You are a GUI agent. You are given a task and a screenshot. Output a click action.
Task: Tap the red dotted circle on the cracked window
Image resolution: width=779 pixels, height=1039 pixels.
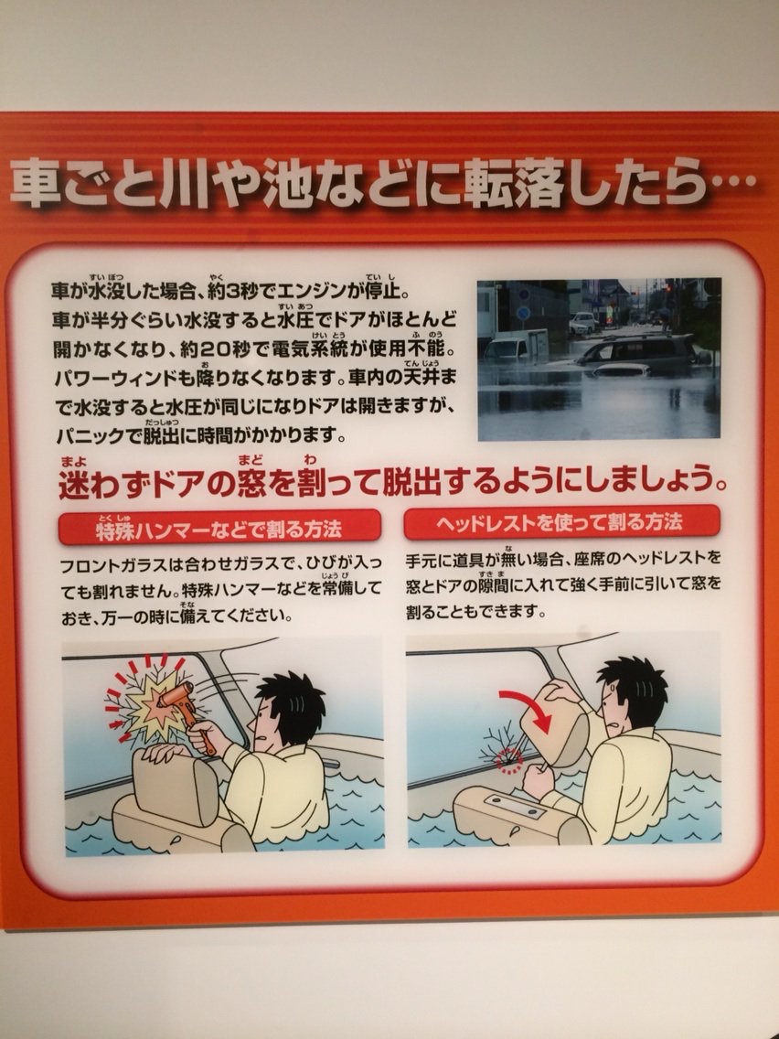(509, 760)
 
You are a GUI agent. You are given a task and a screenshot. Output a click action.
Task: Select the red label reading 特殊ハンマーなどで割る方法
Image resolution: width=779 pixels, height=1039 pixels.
(219, 528)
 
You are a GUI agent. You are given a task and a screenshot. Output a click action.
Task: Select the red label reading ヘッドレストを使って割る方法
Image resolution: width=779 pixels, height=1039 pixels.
(561, 523)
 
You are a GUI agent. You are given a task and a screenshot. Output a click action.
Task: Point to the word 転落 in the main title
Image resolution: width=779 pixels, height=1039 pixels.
(511, 182)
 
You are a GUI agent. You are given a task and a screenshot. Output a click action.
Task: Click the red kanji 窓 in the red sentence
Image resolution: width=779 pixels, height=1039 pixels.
(250, 483)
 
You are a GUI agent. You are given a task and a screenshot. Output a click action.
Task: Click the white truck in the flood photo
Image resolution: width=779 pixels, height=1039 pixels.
(516, 345)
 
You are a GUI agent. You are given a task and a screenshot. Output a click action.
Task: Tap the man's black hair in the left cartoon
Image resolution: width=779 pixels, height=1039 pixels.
(293, 705)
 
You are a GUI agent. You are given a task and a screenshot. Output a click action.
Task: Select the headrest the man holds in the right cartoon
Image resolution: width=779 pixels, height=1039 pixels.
(556, 725)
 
